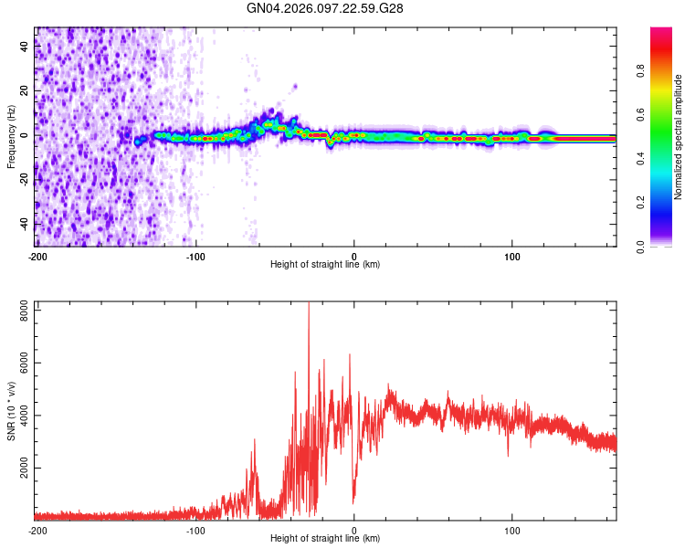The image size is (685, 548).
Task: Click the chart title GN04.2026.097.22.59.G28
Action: click(x=325, y=8)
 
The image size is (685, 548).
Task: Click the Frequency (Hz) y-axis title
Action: click(x=11, y=137)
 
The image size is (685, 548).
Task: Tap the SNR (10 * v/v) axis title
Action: click(x=11, y=411)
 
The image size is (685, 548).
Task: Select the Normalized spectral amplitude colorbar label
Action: click(x=679, y=137)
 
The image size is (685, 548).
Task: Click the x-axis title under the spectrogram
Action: click(x=325, y=264)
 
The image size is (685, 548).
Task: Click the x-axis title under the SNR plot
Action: click(x=325, y=538)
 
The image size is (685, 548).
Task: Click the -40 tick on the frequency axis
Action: click(x=23, y=224)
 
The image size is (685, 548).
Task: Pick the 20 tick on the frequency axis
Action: click(x=25, y=90)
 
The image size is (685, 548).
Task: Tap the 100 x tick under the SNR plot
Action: click(x=512, y=530)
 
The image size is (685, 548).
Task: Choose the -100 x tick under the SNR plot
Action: click(x=195, y=530)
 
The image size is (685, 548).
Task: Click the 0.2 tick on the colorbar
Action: click(x=641, y=202)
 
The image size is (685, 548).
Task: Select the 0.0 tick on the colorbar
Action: click(x=641, y=246)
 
